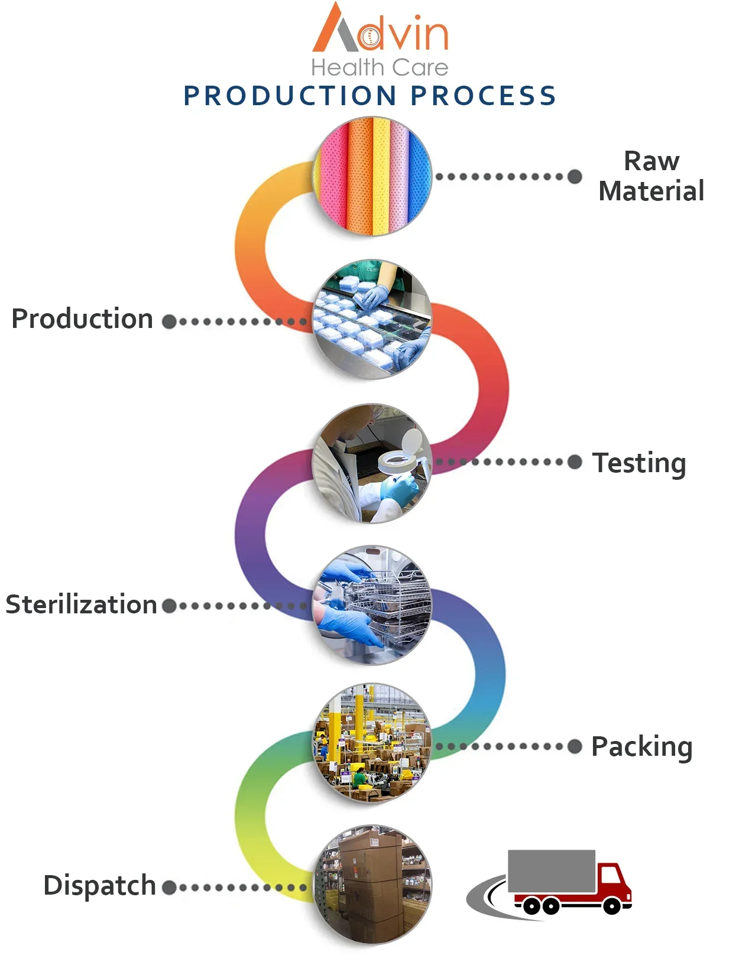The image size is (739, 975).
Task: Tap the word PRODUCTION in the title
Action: coord(290,96)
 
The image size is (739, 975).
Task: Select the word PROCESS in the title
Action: coord(483,96)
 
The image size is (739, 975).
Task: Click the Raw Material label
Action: coord(651,176)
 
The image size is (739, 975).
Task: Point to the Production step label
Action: coord(83,319)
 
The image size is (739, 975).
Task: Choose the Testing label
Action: coord(639,463)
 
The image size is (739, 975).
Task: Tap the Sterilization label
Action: coord(81,604)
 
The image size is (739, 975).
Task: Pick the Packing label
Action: coord(641,746)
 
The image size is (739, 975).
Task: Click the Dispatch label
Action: coord(99,885)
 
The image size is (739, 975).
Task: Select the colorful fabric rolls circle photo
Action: coord(372,176)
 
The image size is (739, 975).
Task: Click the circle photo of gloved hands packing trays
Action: coord(372,319)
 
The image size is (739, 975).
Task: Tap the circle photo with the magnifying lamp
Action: coord(372,463)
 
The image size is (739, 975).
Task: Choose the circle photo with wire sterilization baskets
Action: coord(372,604)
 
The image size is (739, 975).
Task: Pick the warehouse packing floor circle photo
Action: coord(372,743)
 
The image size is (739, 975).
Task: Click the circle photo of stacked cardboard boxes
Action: coord(372,884)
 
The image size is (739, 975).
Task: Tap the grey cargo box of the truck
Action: coord(551,871)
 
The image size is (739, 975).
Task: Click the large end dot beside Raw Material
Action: coord(575,176)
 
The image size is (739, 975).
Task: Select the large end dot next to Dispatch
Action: coord(169,887)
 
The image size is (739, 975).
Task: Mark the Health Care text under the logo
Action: coord(380,67)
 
